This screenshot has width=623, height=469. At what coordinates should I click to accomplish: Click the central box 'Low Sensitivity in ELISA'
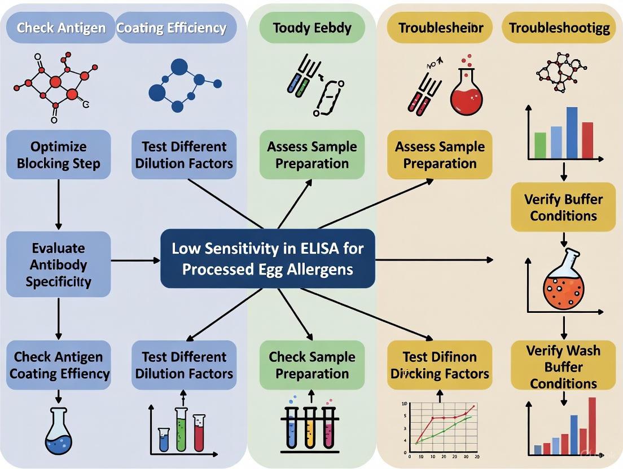[267, 258]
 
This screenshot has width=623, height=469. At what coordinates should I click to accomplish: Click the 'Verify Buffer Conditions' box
[563, 207]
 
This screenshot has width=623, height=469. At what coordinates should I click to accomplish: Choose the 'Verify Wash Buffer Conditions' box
[563, 366]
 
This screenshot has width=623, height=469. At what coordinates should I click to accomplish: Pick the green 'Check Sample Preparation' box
[311, 365]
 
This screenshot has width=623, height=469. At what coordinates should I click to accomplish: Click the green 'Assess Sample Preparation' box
[311, 154]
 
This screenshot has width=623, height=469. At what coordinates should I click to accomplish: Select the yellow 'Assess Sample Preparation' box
[440, 154]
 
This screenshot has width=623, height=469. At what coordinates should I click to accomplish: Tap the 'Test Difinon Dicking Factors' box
[440, 365]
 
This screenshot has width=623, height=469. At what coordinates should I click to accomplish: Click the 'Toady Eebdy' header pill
[311, 27]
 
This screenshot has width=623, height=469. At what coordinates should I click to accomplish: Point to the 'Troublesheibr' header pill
[440, 27]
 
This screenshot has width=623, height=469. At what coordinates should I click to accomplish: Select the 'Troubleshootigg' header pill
[559, 27]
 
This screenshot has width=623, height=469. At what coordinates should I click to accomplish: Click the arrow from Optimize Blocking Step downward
[59, 205]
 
